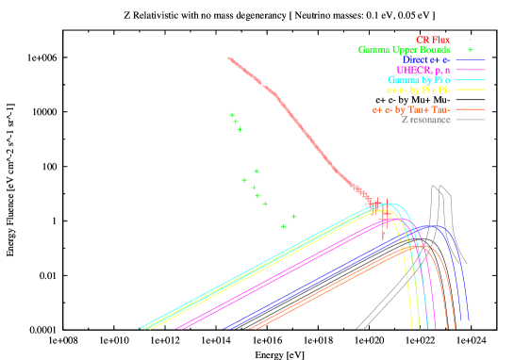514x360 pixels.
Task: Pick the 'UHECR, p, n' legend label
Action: tap(423, 71)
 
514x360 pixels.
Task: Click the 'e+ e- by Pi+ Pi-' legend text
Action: tap(418, 90)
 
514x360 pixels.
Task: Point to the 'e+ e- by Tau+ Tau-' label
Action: tap(411, 110)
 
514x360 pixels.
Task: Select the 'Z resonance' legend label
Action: tap(425, 120)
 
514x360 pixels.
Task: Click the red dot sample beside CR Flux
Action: tap(471, 40)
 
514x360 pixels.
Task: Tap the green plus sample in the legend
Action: tap(471, 50)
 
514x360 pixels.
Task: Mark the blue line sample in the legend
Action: tap(471, 60)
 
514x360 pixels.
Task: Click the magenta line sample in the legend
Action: tap(471, 71)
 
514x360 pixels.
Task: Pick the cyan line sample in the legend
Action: tap(471, 80)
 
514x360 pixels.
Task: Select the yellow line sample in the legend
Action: tap(471, 90)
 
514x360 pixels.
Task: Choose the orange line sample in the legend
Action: tap(471, 110)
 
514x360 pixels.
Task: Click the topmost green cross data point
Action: tap(232, 115)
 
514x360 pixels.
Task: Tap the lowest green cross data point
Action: tap(283, 226)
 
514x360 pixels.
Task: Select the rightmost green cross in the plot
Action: tap(294, 217)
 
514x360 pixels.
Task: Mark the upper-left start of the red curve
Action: tap(229, 58)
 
